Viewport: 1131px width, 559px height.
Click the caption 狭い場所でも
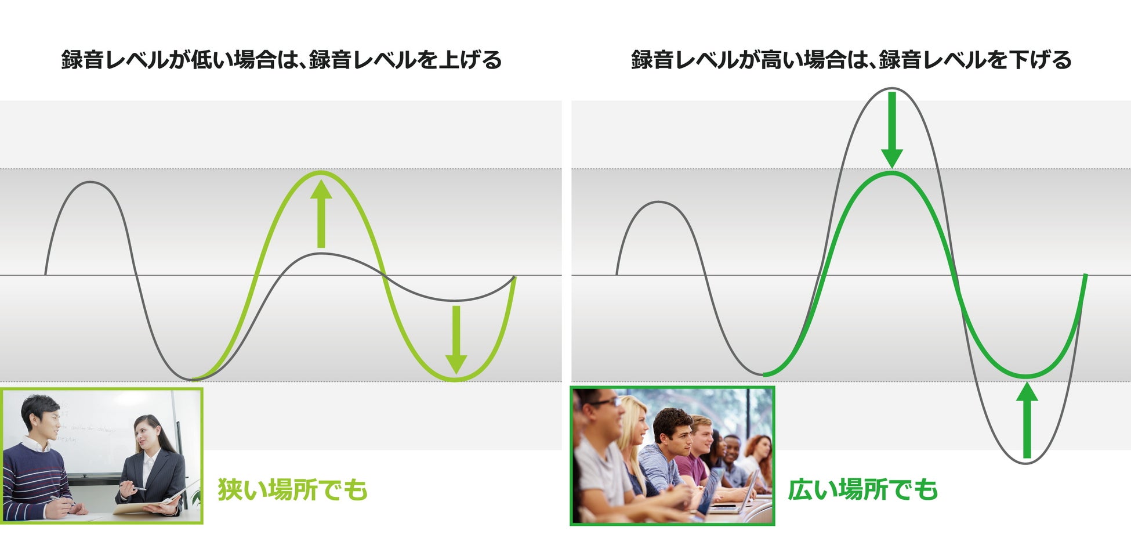[292, 489]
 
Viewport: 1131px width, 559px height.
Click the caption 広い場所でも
[862, 489]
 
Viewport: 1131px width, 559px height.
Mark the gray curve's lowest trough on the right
[1027, 463]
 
